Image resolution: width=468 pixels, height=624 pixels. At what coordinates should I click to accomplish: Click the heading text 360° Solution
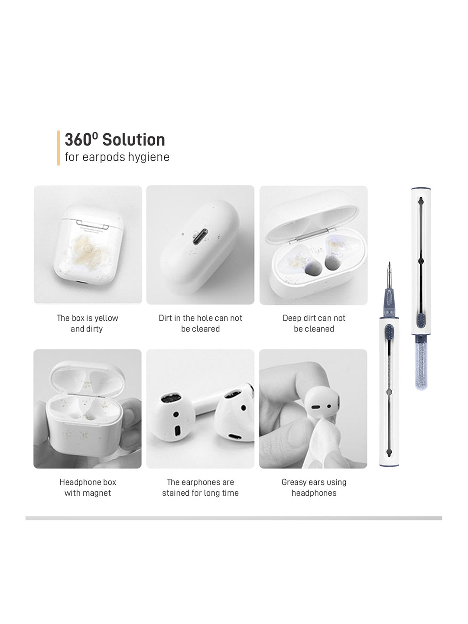(x=115, y=140)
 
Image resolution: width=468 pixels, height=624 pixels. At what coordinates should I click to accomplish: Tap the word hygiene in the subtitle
(x=149, y=157)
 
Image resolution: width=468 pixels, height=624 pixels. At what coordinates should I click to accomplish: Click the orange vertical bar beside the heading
(x=58, y=148)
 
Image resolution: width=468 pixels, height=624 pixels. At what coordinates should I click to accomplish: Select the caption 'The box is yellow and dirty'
(x=87, y=323)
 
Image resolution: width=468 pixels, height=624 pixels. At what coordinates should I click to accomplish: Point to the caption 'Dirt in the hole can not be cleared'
(x=200, y=323)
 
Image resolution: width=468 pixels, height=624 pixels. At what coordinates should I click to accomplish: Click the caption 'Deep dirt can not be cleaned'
(x=314, y=323)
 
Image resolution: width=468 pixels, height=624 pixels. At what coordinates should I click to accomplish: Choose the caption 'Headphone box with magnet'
(x=88, y=487)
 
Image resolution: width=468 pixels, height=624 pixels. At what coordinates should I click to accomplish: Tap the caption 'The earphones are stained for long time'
(x=200, y=487)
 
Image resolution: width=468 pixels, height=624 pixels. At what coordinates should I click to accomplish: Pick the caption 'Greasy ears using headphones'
(x=314, y=487)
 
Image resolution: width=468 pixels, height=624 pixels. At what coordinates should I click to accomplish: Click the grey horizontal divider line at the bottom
(x=234, y=518)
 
